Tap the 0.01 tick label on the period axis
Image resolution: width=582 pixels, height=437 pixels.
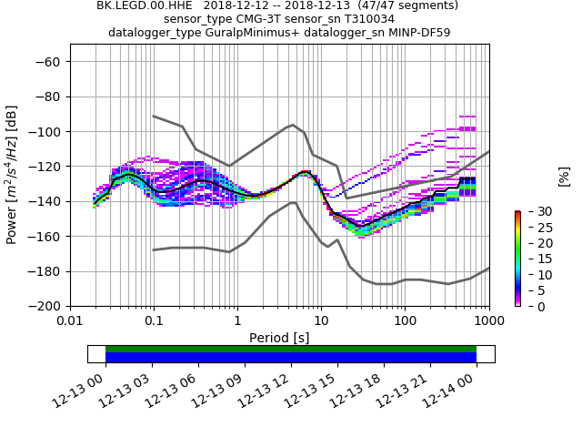(70, 320)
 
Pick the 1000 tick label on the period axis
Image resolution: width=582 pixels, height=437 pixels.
(488, 320)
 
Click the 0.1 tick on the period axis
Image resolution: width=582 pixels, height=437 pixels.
(154, 320)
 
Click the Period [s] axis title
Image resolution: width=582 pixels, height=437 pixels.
(279, 337)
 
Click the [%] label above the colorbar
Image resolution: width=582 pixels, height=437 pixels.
(564, 175)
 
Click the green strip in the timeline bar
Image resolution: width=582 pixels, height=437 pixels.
(291, 349)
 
